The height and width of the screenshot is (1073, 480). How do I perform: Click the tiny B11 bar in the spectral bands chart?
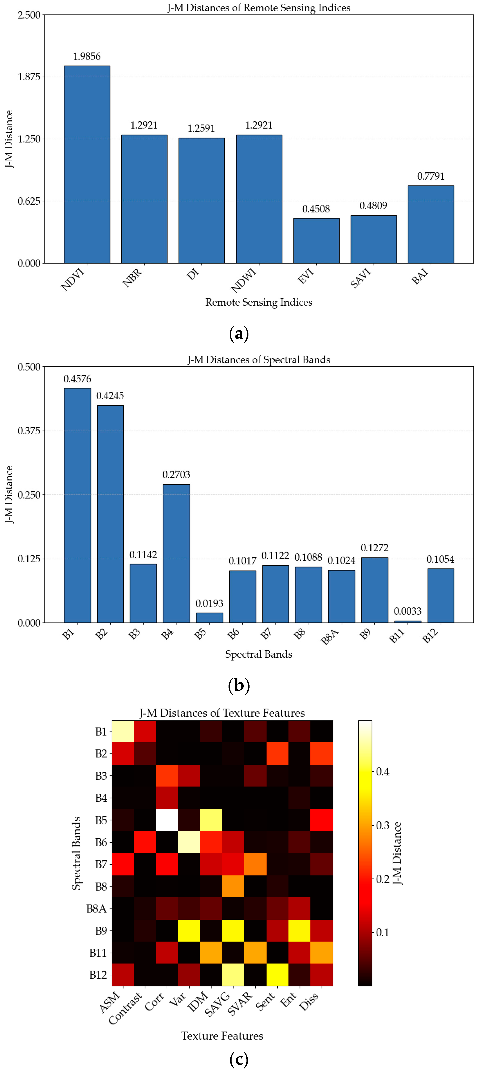(408, 621)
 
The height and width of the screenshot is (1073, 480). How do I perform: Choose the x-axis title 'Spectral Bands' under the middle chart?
(259, 654)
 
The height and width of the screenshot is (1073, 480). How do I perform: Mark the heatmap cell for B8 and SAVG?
(233, 886)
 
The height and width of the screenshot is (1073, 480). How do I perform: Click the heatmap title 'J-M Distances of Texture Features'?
(222, 713)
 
